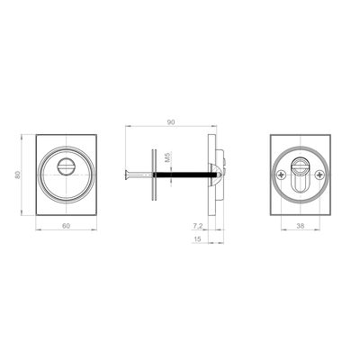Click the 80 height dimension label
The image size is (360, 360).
(x=18, y=175)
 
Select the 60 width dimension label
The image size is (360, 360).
(x=66, y=226)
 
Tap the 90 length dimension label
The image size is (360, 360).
(x=171, y=122)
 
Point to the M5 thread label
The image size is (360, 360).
(x=168, y=157)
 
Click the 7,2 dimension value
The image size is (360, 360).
(x=197, y=226)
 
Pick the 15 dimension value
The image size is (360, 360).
(x=197, y=239)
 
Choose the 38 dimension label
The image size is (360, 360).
(x=300, y=226)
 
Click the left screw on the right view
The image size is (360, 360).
(x=281, y=175)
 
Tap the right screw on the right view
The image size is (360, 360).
(x=319, y=175)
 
